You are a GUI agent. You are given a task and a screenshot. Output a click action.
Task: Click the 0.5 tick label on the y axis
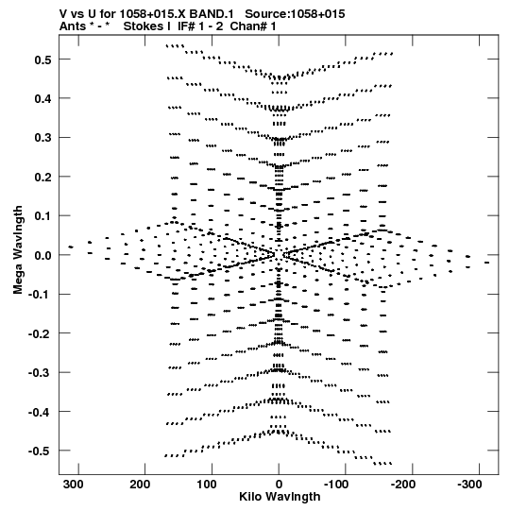click(43, 60)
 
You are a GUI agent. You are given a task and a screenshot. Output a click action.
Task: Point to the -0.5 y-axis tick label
click(40, 451)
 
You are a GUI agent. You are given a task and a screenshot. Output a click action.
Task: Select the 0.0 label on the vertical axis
click(43, 255)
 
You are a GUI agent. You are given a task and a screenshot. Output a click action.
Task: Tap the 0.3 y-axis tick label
click(43, 138)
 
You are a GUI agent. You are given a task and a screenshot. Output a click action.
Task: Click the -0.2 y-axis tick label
click(40, 333)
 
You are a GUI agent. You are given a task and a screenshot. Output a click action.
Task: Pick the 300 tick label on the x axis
click(74, 485)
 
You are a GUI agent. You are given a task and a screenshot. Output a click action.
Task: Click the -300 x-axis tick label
click(469, 485)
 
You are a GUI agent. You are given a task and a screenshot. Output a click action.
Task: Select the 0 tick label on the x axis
click(279, 485)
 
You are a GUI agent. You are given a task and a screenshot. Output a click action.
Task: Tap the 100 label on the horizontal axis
click(207, 485)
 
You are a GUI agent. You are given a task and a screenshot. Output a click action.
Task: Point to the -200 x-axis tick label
click(402, 485)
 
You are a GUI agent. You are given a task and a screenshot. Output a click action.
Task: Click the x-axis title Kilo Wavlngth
click(280, 497)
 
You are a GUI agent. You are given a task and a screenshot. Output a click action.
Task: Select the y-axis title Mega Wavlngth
click(18, 250)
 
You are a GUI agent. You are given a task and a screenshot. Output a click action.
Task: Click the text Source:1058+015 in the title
click(295, 14)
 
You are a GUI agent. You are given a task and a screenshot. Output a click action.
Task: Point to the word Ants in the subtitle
click(73, 26)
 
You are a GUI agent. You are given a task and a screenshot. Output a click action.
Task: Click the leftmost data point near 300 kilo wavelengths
click(71, 247)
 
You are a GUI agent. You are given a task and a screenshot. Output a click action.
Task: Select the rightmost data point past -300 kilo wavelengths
click(486, 263)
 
